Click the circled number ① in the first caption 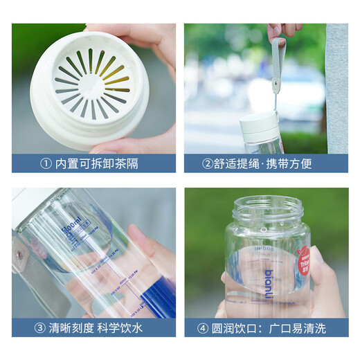click(46, 164)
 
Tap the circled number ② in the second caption click(207, 164)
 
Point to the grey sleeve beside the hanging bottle click(337, 90)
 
